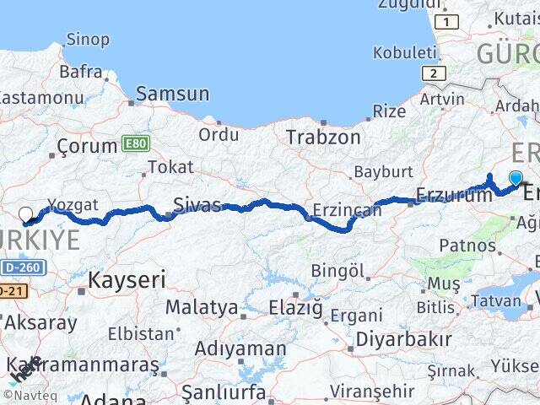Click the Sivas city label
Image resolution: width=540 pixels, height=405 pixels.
(x=197, y=204)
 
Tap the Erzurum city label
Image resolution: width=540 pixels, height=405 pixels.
(x=454, y=195)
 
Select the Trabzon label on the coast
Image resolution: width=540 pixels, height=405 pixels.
(x=323, y=137)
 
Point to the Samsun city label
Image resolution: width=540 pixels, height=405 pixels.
(x=172, y=94)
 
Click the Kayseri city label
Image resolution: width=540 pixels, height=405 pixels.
(x=127, y=279)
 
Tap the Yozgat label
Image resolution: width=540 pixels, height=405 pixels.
(x=73, y=205)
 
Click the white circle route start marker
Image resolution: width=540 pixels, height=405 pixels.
(x=25, y=214)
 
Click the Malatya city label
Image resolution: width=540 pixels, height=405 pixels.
(x=201, y=307)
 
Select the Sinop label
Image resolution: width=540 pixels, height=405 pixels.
(x=88, y=39)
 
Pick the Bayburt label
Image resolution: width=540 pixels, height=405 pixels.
(x=382, y=171)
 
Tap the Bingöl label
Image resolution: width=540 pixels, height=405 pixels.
(x=337, y=271)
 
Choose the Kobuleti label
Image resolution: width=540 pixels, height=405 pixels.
(x=405, y=52)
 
